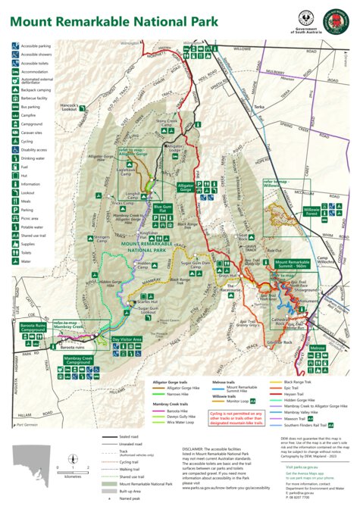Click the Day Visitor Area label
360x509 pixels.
127,339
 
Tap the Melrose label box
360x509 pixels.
317,348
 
